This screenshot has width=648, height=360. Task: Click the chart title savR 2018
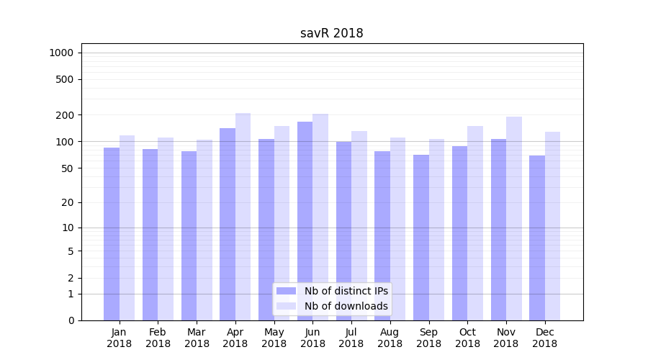coord(331,34)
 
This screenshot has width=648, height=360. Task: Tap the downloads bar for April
coord(243,216)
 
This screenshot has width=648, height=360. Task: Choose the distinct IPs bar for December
coord(537,238)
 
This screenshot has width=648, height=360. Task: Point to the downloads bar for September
coord(436,230)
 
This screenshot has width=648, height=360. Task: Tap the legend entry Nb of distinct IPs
coord(346,291)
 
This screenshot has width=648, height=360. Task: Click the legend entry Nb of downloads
coord(346,306)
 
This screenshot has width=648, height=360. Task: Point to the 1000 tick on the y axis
coord(61,53)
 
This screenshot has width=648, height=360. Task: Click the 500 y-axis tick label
coord(66,79)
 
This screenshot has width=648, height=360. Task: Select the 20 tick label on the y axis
coord(68,202)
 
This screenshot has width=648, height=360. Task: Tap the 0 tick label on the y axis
coord(71,320)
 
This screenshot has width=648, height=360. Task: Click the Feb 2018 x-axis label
coord(158,338)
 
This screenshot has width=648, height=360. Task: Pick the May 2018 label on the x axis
coord(274,338)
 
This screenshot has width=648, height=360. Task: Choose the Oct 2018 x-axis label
coord(467,338)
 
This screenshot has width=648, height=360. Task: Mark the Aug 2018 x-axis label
coord(390,338)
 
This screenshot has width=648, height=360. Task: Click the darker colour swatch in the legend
coord(286,291)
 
